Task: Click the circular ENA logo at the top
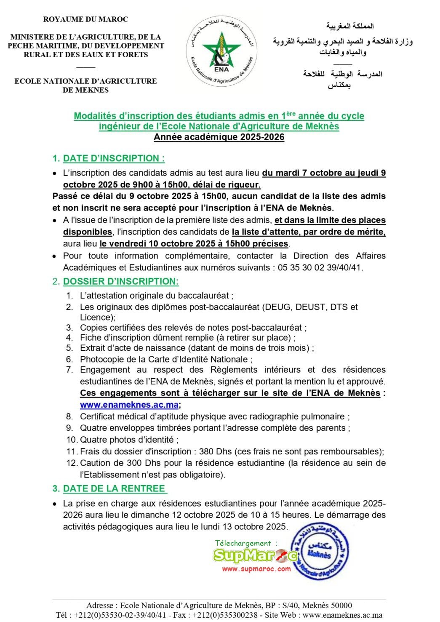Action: tap(221, 52)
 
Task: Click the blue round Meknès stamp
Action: tap(320, 551)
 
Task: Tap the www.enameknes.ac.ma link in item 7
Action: tap(129, 405)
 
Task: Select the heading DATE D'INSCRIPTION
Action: tap(114, 158)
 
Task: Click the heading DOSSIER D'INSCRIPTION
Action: tap(121, 281)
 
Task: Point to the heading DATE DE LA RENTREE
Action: tap(114, 489)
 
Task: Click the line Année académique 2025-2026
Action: tap(219, 137)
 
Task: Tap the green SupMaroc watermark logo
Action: tap(255, 555)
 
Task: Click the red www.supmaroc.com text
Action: tap(256, 569)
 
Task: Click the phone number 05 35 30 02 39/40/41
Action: tap(320, 267)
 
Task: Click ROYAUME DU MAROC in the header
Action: tap(85, 19)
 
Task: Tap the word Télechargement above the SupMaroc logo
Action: tap(243, 543)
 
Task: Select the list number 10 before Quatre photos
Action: tap(71, 440)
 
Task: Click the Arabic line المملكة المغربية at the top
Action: tap(349, 26)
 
